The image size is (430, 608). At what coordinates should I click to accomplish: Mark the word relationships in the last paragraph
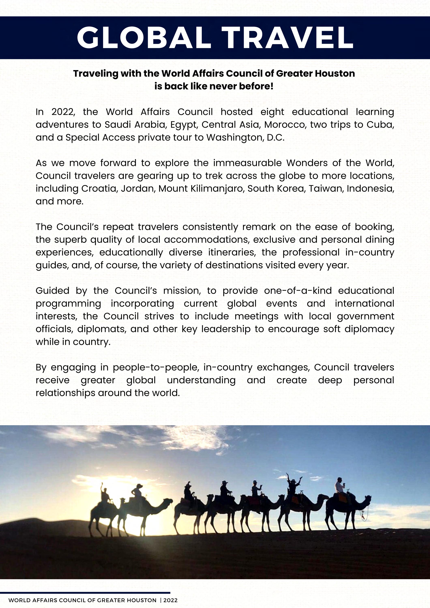pyautogui.click(x=66, y=393)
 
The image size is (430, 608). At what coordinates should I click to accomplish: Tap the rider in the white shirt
pyautogui.click(x=339, y=486)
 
